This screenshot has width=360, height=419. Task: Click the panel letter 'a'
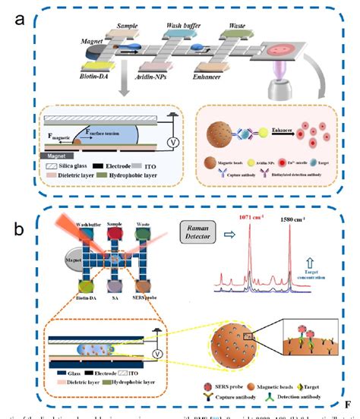[x=22, y=20]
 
